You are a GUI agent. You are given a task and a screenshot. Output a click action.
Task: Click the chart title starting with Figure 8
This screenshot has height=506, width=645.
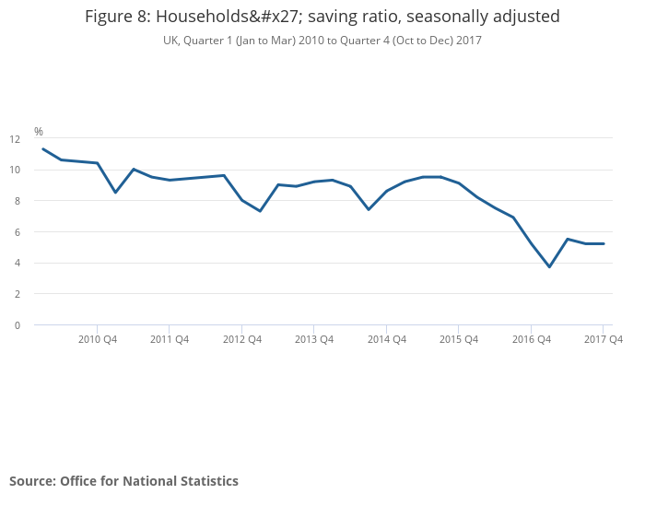point(322,17)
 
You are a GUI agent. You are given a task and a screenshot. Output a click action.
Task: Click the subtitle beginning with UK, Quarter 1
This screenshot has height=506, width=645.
point(322,41)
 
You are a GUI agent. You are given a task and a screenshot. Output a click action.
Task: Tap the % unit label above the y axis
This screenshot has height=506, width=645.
point(39,132)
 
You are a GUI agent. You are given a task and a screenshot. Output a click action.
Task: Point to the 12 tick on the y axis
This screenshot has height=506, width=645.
point(15,139)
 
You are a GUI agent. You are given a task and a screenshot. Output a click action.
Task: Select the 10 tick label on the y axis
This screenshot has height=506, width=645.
point(15,170)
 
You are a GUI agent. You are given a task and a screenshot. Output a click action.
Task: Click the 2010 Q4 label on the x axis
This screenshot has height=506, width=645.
point(98,339)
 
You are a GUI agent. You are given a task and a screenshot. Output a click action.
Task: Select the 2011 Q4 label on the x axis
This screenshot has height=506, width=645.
point(170,339)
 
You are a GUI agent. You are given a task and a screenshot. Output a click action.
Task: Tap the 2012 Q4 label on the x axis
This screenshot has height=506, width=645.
point(242,339)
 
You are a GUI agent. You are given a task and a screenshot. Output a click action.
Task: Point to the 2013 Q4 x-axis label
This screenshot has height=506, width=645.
point(314,339)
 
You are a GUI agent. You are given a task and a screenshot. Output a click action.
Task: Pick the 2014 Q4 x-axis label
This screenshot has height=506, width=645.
point(387,339)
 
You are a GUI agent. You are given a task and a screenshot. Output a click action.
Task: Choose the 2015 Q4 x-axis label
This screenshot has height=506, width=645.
point(459,339)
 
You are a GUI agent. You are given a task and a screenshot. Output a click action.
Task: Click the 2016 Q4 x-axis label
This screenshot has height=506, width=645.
point(532,339)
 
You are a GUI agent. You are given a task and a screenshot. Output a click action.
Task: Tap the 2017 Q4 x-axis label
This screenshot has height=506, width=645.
point(604,339)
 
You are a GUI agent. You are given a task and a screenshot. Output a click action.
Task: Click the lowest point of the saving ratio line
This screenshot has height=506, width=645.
point(549,266)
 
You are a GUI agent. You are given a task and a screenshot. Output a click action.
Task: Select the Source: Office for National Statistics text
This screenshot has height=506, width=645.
point(123,481)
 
